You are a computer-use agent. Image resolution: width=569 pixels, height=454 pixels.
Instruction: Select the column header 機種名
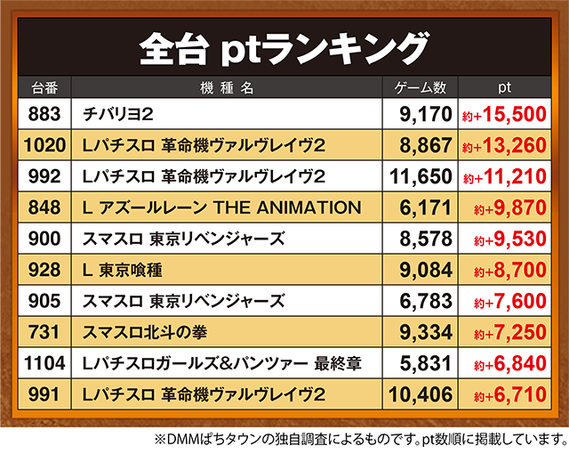pos(228,88)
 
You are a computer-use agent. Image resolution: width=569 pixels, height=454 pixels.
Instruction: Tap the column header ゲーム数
pos(421,88)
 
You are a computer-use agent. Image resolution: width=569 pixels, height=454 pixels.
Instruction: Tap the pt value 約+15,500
pos(503,114)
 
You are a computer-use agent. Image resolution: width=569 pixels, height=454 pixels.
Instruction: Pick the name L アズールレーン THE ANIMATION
pos(220,207)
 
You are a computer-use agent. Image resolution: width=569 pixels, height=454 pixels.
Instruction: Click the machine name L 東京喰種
pos(123,270)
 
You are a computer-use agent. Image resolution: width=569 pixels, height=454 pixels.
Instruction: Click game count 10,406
pos(421,393)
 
